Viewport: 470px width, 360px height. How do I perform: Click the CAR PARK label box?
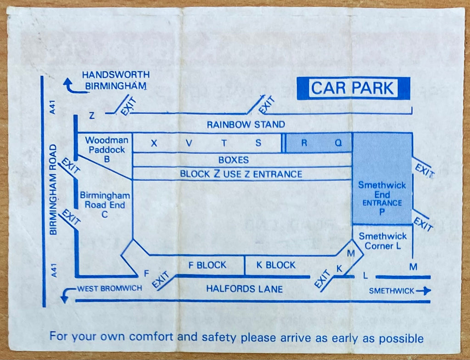[x=353, y=88]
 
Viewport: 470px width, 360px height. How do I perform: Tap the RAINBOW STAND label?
[x=246, y=124]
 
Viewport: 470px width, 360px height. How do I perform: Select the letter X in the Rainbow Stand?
[x=154, y=143]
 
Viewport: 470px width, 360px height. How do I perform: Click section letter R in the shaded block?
[x=304, y=143]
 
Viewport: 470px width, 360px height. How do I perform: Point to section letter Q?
[x=338, y=143]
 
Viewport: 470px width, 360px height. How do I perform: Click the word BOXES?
[x=234, y=160]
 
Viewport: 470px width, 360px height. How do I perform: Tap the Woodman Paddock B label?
[x=106, y=150]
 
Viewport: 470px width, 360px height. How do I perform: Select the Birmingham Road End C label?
[x=105, y=205]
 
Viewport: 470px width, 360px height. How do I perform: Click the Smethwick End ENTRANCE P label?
[x=382, y=198]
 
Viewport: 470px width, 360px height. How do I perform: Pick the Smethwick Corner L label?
[x=383, y=241]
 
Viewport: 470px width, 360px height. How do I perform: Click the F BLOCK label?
[x=207, y=265]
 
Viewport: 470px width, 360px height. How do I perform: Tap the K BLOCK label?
[x=276, y=265]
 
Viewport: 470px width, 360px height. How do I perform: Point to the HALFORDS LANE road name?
[x=244, y=289]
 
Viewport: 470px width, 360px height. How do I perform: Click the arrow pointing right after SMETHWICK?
[x=423, y=290]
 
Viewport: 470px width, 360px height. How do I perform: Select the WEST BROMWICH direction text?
[x=109, y=288]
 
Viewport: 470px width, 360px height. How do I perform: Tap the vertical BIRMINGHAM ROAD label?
[x=53, y=189]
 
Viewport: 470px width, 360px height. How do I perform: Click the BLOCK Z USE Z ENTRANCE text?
[x=241, y=174]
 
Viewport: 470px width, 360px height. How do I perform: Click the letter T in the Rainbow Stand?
[x=224, y=143]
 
